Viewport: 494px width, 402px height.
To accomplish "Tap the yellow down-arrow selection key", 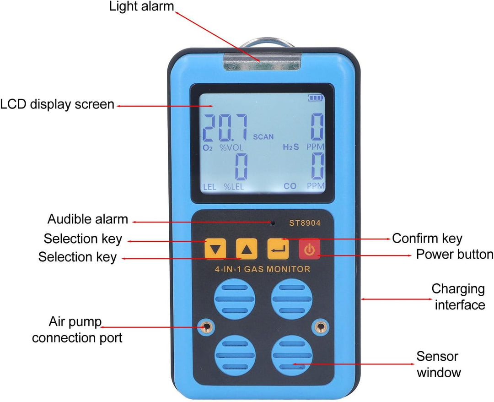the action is (215, 249).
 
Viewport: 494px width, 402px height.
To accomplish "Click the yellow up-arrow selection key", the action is (247, 249).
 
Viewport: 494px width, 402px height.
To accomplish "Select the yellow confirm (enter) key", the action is (278, 249).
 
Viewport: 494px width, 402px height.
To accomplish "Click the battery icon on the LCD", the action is (316, 98).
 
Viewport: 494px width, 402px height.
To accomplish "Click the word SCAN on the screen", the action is (263, 137).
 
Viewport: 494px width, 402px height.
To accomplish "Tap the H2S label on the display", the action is (291, 147).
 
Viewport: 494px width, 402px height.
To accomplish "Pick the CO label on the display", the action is (290, 186).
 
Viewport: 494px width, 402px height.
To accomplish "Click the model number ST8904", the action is (305, 223).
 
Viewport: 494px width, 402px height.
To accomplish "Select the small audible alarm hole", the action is (273, 223).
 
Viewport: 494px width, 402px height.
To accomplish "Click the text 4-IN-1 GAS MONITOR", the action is (263, 269).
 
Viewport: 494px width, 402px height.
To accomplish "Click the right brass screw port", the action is (320, 327).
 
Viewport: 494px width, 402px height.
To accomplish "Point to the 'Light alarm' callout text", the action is (141, 6).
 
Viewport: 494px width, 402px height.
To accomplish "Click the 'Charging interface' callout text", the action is (459, 297).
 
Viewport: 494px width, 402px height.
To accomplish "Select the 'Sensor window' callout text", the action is (438, 364).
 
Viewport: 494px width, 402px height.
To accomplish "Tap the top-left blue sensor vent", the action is (234, 299).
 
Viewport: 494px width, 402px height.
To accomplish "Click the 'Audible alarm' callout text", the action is (87, 219).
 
